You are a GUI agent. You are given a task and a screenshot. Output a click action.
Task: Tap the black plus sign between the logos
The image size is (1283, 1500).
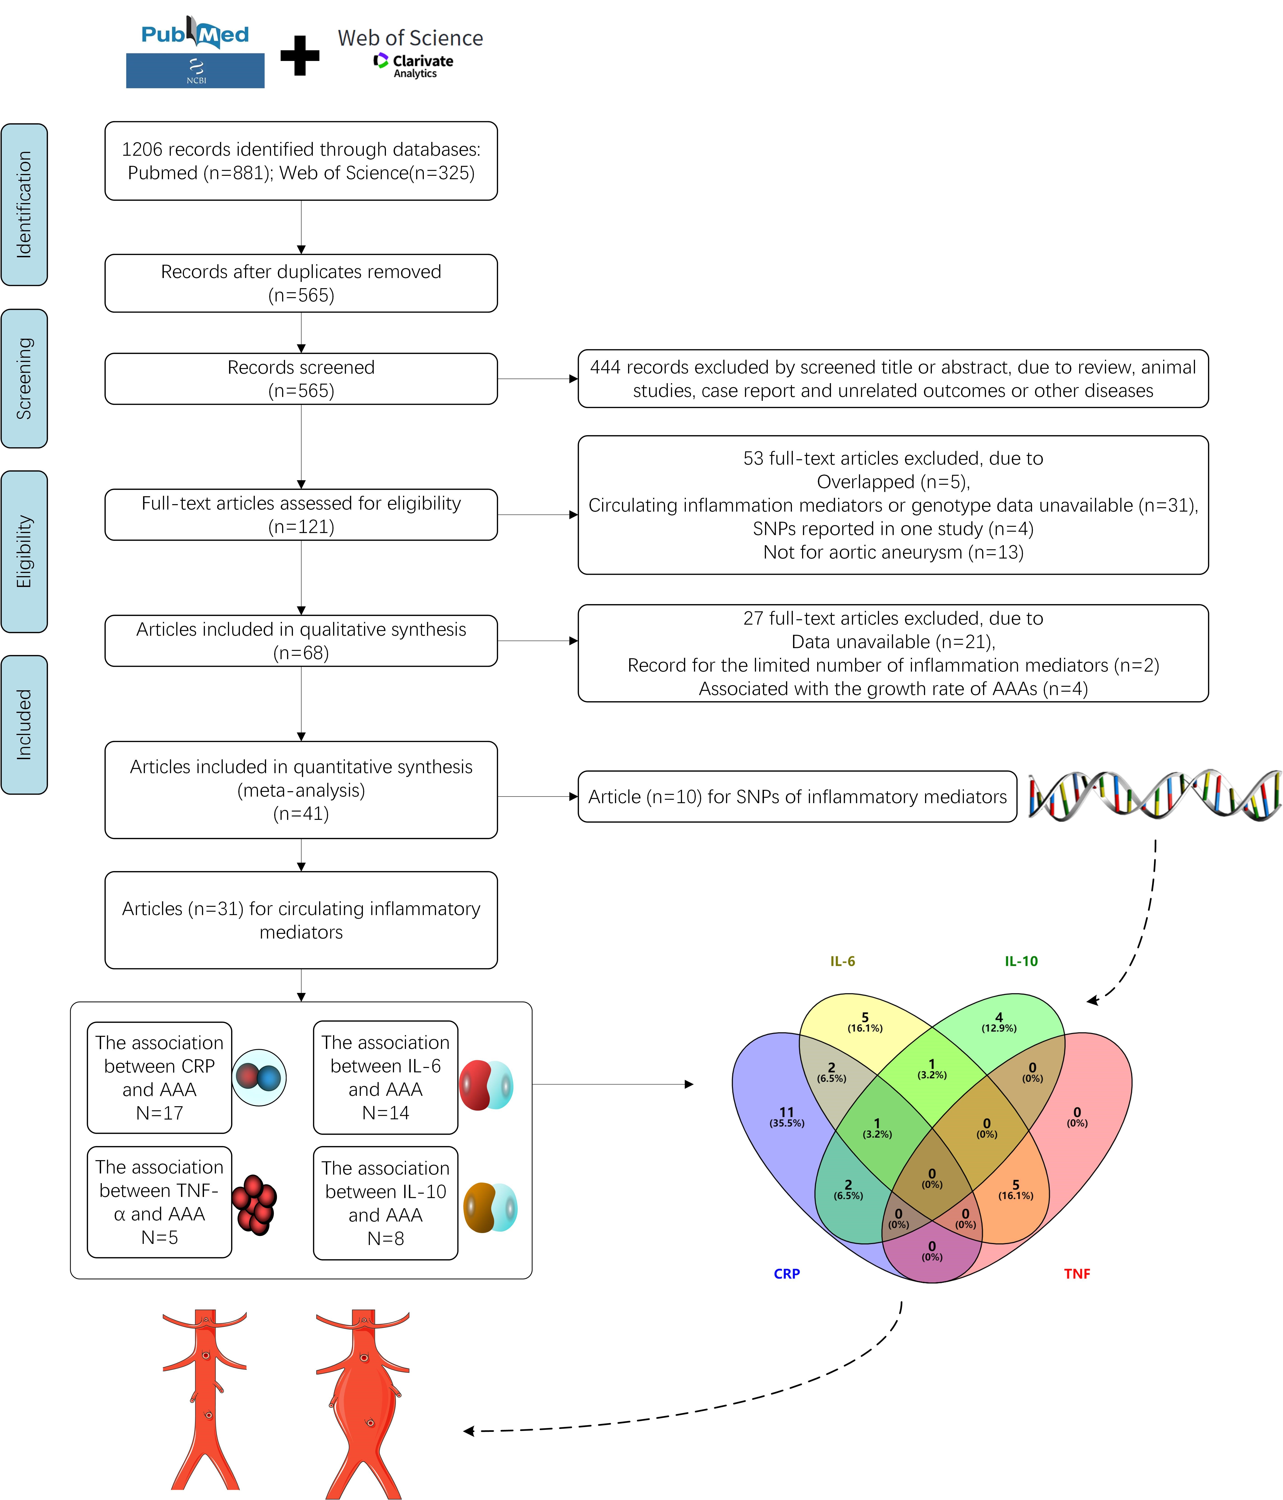click(x=300, y=56)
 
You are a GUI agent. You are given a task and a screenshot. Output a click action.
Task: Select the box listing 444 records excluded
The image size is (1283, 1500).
click(x=893, y=379)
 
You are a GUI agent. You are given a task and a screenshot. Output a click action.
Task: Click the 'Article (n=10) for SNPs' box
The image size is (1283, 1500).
click(x=797, y=796)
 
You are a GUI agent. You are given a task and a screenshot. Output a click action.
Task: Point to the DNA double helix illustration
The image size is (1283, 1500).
click(x=1155, y=795)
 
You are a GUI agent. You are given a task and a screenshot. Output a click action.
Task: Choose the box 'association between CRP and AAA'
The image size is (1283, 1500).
click(x=159, y=1077)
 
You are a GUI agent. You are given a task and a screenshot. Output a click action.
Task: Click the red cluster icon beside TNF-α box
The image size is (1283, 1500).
click(x=254, y=1205)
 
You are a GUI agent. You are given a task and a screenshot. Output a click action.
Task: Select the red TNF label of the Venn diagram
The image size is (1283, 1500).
click(x=1077, y=1273)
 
